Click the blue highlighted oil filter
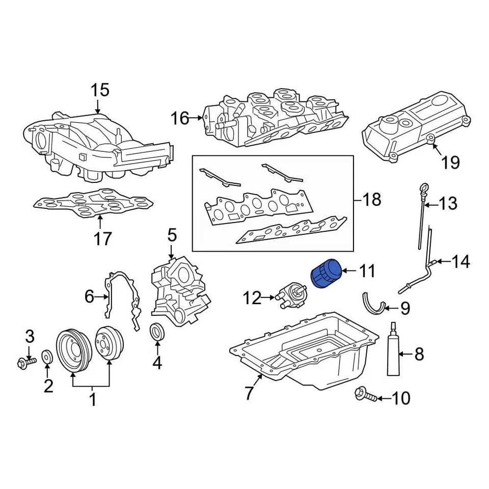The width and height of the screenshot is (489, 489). (325, 275)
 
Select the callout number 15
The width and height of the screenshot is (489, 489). (100, 91)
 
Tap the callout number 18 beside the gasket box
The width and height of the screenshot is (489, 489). (372, 200)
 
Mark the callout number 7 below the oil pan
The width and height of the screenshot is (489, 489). (249, 393)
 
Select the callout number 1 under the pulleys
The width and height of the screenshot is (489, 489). (93, 400)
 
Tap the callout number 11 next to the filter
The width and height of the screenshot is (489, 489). (367, 271)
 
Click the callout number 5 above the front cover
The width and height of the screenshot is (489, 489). (172, 235)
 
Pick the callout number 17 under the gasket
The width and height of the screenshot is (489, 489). (102, 238)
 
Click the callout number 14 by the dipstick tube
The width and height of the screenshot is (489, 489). (461, 262)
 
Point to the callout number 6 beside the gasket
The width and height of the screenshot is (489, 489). (90, 296)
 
